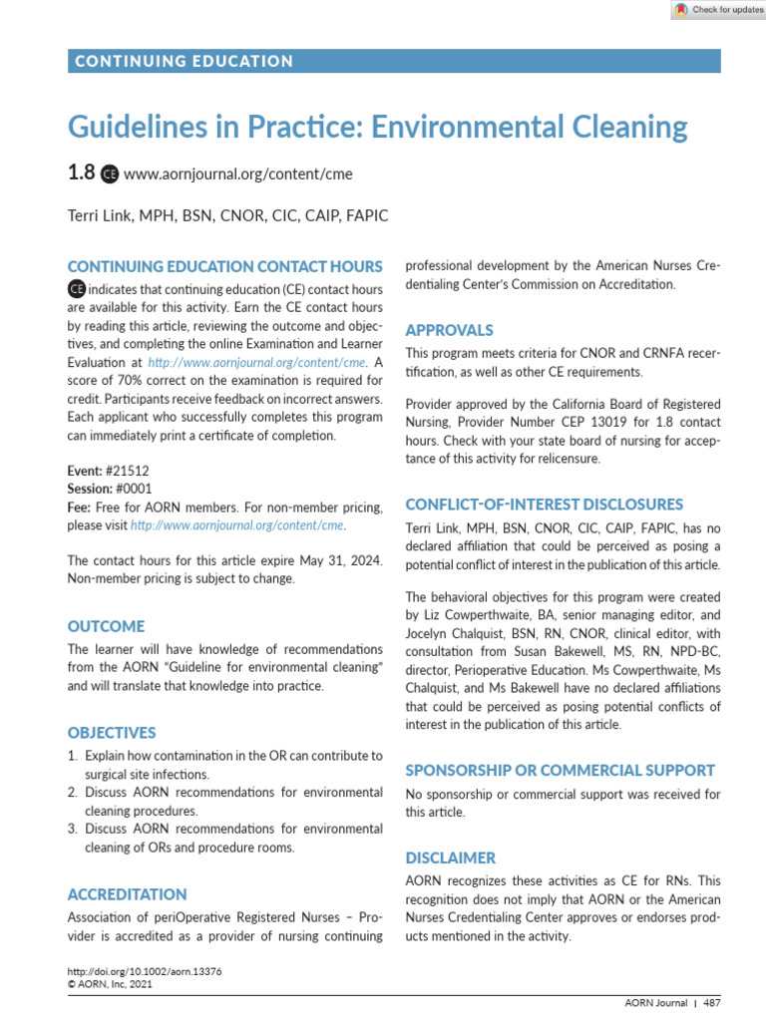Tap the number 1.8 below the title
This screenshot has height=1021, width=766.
[81, 172]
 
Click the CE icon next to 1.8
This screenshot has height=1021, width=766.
[110, 173]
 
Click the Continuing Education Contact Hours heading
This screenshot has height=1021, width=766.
[224, 266]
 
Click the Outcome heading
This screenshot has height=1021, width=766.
[106, 626]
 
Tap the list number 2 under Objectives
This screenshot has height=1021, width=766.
[73, 792]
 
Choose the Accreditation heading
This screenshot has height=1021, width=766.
[127, 894]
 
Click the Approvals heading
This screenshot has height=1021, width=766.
[449, 330]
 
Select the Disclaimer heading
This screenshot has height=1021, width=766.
[450, 857]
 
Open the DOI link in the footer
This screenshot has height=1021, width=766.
[144, 971]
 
